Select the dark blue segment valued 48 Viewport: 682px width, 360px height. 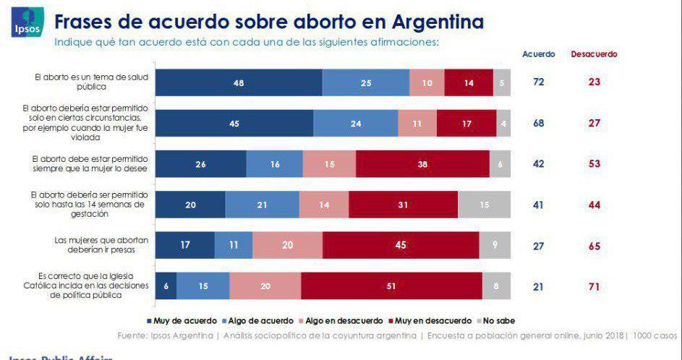pos(239,82)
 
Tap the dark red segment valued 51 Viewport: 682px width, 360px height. pos(391,286)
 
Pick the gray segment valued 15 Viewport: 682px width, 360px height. pos(483,205)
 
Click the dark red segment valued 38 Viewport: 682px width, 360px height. pos(422,164)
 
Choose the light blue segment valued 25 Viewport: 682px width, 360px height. pos(365,82)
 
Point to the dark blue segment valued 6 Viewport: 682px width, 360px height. pos(166,286)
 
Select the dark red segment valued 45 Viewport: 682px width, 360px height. pos(401,245)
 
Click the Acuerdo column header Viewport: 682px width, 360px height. pos(539,54)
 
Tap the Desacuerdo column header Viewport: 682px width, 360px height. pos(594,54)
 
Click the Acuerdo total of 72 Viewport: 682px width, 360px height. pos(539,82)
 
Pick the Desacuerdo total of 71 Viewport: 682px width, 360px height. pos(594,286)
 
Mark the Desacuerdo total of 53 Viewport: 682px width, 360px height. pos(594,164)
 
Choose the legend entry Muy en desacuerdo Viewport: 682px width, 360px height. pos(427,320)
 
